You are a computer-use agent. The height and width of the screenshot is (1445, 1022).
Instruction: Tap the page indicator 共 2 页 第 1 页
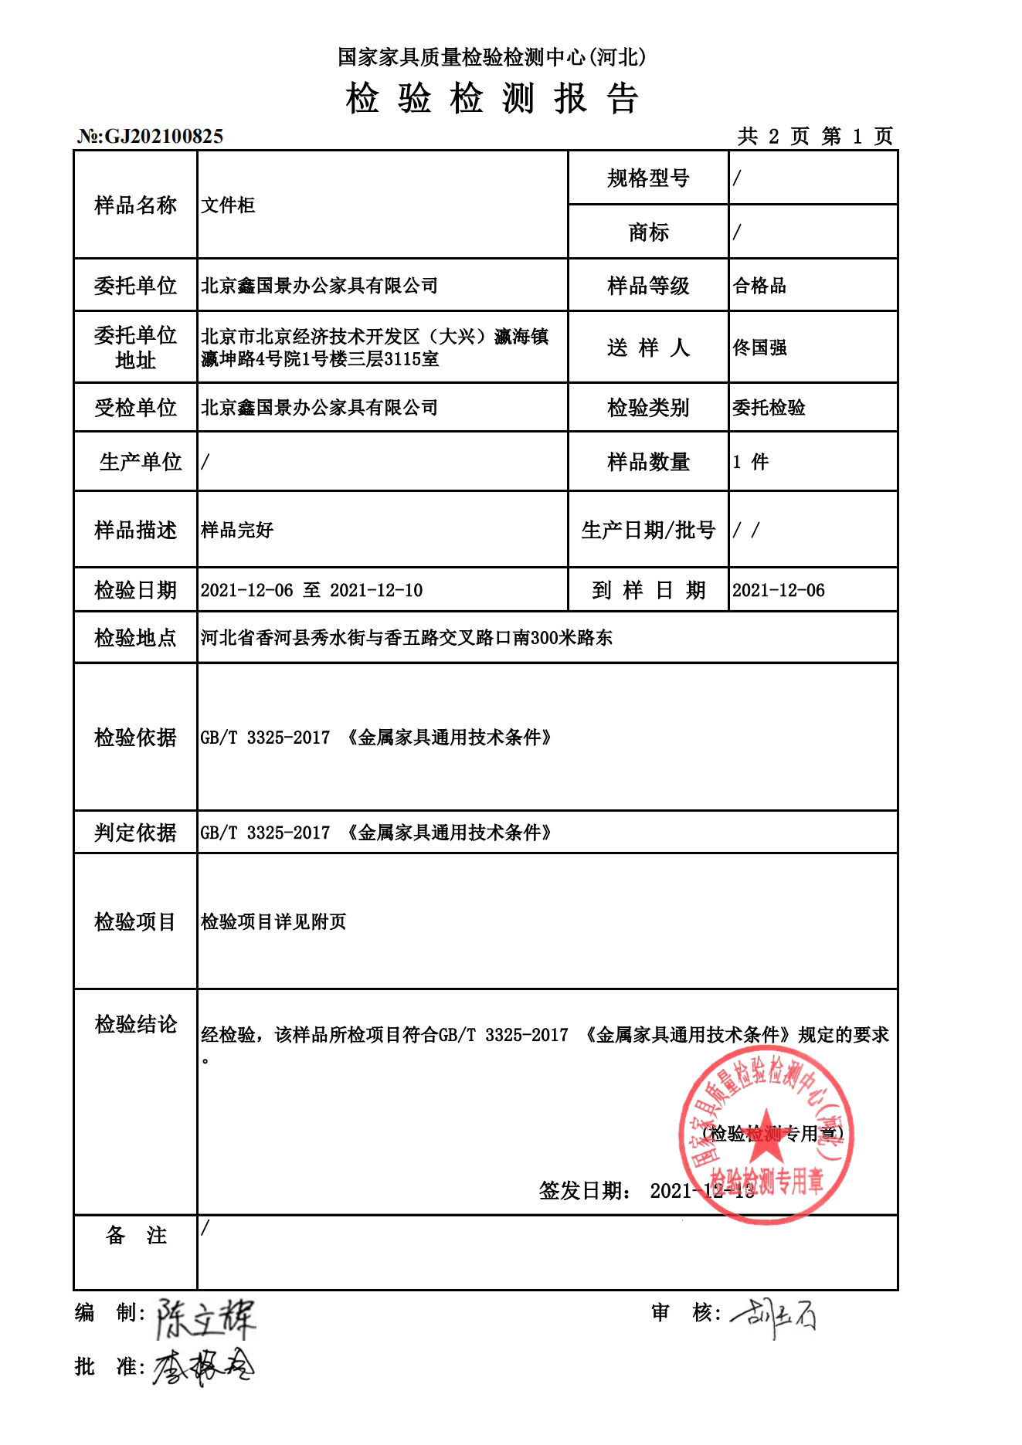click(x=815, y=137)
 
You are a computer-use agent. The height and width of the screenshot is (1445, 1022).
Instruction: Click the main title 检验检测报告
click(x=492, y=99)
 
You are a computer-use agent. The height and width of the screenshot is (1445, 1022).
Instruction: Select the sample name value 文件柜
click(x=228, y=205)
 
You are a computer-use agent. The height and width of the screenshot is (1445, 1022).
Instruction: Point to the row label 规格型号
click(x=648, y=178)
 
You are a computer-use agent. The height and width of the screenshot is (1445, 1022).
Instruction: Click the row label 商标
click(x=648, y=232)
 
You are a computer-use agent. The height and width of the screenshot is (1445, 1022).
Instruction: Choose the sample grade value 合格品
click(x=759, y=286)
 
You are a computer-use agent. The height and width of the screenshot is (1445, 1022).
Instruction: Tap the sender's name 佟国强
click(x=759, y=348)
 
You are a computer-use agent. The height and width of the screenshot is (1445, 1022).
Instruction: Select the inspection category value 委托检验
click(x=769, y=408)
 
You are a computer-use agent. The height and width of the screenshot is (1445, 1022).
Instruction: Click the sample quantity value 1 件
click(x=750, y=462)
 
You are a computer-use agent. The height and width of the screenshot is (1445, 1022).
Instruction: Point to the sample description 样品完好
click(x=237, y=530)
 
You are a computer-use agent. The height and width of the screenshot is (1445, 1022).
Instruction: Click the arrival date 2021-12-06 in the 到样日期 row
click(x=778, y=591)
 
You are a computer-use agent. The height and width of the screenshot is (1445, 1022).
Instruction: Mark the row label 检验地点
click(x=135, y=638)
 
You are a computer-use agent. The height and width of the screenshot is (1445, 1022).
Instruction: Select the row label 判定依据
click(x=135, y=833)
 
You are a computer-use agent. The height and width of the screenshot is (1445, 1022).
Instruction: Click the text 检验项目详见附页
click(x=273, y=921)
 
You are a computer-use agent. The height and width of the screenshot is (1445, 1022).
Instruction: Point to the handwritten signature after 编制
click(x=205, y=1318)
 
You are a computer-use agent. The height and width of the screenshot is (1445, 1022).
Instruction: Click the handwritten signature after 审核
click(x=772, y=1315)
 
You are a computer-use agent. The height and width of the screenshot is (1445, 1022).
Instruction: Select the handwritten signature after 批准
click(x=203, y=1369)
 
